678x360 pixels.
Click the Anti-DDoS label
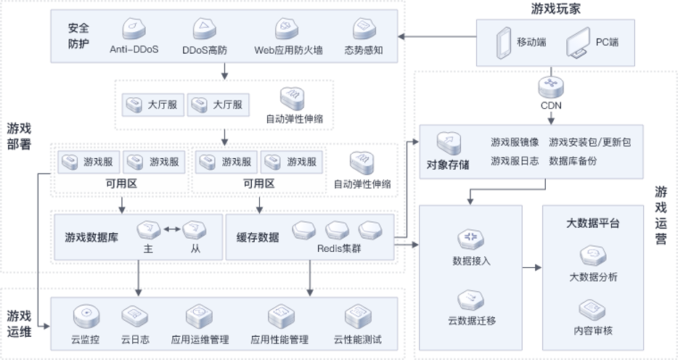[134, 51]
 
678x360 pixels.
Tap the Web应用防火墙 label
[288, 51]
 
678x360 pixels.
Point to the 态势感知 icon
[362, 29]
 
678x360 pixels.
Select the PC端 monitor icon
[581, 43]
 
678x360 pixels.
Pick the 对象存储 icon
[447, 142]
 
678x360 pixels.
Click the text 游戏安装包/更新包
[589, 142]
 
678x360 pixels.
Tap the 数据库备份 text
[573, 161]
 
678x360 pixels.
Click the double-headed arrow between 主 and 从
[172, 229]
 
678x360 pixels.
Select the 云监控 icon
[85, 316]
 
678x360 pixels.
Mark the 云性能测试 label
[357, 340]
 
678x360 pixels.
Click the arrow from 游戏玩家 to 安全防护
[436, 37]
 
